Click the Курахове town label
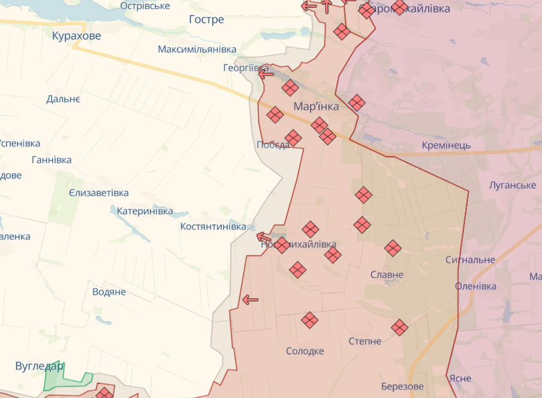(77, 36)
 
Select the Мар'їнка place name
(316, 107)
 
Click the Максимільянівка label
(197, 49)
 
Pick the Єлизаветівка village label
(99, 193)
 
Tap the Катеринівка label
(145, 211)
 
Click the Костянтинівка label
(213, 227)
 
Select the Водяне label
(109, 292)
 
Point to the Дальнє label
(63, 99)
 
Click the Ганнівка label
(52, 159)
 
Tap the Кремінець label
(446, 145)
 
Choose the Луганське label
(513, 185)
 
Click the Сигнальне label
(471, 260)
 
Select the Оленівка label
(475, 286)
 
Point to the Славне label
(387, 275)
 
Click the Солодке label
(305, 351)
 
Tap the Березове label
(402, 387)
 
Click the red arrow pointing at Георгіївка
(266, 74)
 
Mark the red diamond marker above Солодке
(309, 320)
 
